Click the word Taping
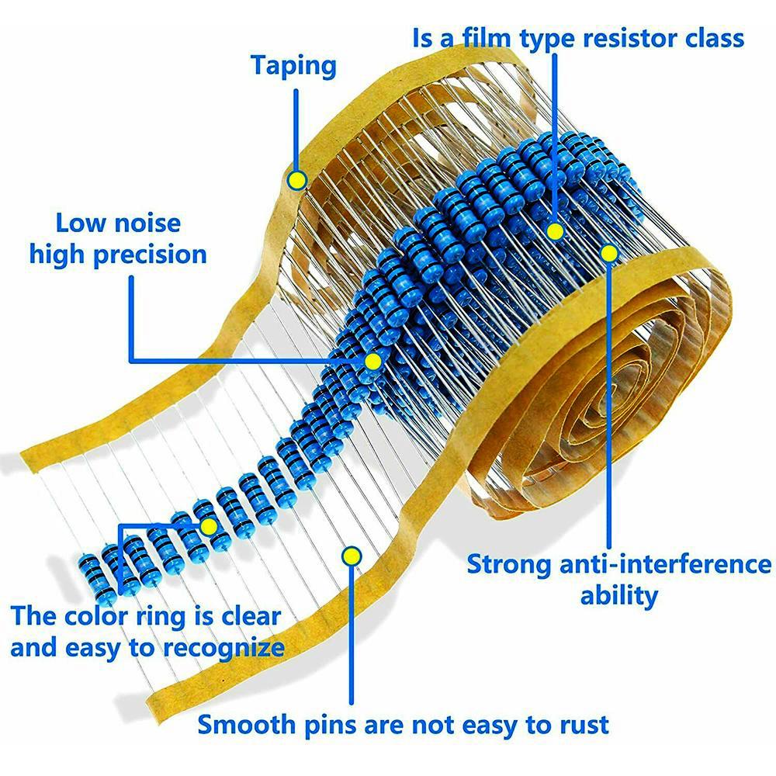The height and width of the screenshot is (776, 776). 293,66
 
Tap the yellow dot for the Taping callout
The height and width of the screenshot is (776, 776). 296,181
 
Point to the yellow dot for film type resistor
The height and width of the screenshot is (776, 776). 555,231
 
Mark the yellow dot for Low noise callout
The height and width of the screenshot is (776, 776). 372,361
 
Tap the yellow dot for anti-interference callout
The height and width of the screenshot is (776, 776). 609,253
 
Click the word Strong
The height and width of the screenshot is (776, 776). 509,564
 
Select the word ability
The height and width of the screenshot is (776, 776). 618,596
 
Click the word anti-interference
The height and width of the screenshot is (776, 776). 665,564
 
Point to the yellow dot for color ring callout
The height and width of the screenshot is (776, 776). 208,527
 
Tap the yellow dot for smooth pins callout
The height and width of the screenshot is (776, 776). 352,556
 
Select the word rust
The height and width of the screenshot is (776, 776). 582,725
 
